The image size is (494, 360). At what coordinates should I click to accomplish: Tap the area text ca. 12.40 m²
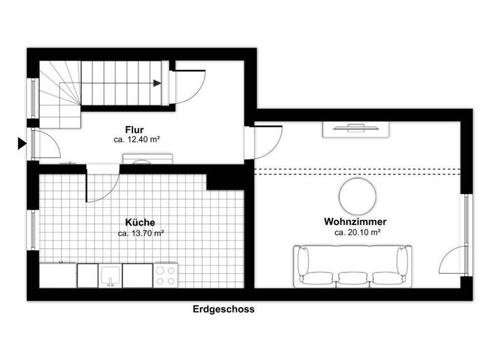(x=137, y=139)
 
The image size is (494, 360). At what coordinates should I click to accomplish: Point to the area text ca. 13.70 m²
(x=141, y=233)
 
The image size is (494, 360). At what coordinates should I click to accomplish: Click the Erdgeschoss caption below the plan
(x=224, y=309)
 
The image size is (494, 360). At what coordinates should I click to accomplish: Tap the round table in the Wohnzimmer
(x=358, y=197)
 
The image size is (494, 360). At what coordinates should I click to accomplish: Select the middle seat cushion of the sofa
(x=352, y=278)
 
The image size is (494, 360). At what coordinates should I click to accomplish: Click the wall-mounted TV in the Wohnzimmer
(x=358, y=129)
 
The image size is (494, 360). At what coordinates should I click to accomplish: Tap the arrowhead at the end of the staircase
(x=158, y=82)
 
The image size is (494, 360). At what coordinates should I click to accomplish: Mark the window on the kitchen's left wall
(x=32, y=229)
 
